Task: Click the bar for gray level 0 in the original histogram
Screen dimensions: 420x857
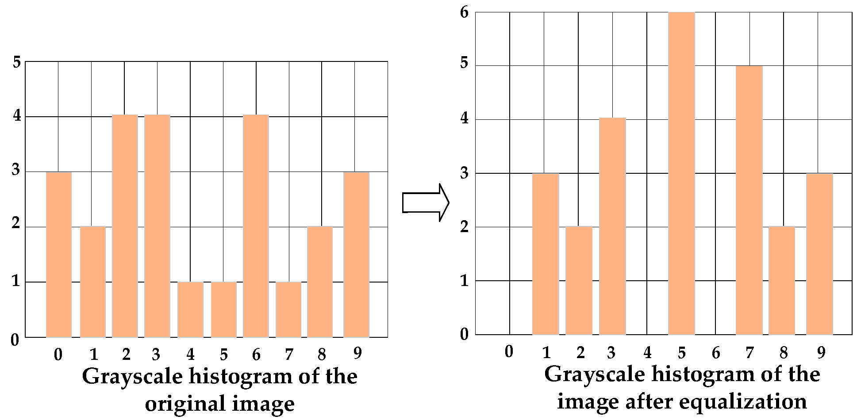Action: point(59,255)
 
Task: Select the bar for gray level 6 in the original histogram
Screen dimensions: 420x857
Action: point(256,226)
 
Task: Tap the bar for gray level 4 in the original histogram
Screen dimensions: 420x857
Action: point(190,309)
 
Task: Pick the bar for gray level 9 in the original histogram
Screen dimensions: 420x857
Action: point(356,255)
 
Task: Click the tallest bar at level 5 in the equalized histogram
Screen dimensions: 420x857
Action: point(681,173)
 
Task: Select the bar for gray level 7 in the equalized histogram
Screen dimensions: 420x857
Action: point(749,200)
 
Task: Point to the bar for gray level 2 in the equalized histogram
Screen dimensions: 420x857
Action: point(579,280)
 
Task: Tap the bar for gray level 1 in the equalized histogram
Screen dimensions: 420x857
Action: point(545,254)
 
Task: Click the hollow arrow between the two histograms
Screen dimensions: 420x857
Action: point(425,203)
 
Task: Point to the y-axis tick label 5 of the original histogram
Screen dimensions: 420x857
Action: point(17,62)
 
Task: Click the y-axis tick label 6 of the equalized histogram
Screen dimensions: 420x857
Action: point(464,12)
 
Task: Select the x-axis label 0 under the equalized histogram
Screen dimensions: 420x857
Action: point(509,352)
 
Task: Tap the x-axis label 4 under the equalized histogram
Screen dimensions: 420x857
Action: point(647,353)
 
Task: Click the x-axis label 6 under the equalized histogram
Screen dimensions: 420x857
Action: point(716,353)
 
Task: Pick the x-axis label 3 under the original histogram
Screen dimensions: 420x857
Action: point(156,355)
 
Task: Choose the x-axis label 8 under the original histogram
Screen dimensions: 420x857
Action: point(322,355)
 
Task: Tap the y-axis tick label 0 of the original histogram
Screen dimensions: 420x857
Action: point(15,340)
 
